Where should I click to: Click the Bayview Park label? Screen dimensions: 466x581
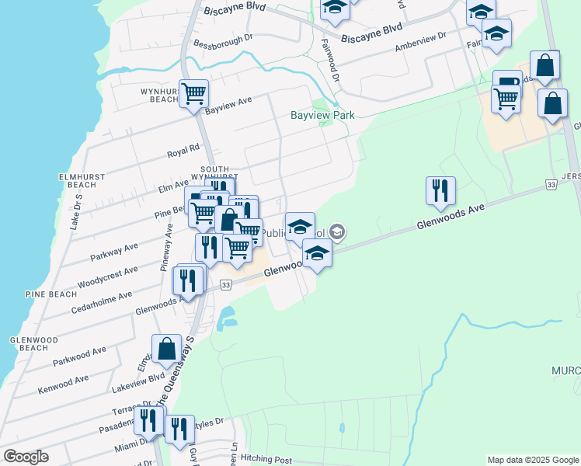tap(322, 115)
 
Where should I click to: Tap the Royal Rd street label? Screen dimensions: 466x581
tap(184, 150)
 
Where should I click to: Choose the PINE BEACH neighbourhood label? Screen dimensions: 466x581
tap(50, 294)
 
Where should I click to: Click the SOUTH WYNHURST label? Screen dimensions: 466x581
tap(214, 173)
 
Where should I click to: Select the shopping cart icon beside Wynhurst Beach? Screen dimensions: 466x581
tap(194, 92)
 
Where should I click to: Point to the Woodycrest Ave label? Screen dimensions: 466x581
tap(108, 276)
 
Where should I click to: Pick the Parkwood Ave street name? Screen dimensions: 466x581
tap(79, 356)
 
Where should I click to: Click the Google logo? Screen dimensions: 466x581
tap(26, 457)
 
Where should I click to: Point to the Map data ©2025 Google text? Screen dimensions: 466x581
tap(532, 460)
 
